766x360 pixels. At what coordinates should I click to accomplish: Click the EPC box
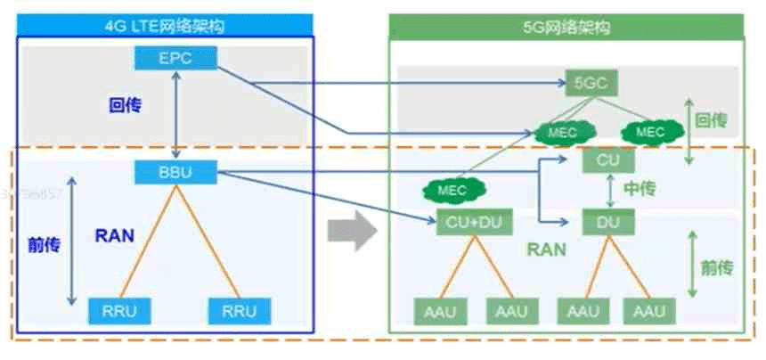(x=175, y=58)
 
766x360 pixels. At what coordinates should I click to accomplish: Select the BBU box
(x=175, y=171)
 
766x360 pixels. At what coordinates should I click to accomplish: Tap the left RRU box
(x=119, y=311)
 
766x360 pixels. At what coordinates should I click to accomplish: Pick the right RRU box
(x=238, y=311)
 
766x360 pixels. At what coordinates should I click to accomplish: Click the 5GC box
(x=591, y=84)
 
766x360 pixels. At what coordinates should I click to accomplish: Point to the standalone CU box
(x=607, y=160)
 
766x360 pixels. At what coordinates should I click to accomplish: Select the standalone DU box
(x=607, y=222)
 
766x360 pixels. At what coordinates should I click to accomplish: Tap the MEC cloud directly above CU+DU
(x=452, y=189)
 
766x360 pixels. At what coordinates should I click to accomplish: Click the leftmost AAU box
(x=438, y=312)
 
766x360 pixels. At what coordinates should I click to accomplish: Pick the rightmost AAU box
(x=649, y=312)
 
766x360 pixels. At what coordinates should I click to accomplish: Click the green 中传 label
(x=639, y=190)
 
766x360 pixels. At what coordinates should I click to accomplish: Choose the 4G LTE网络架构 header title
(x=164, y=26)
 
